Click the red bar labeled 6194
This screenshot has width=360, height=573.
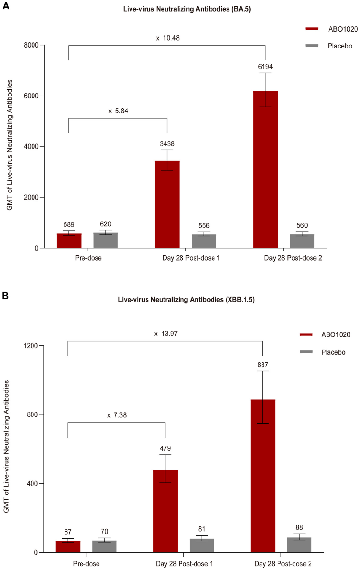(x=265, y=170)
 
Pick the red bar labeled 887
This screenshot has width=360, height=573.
(x=263, y=476)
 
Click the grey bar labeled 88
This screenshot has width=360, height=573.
(x=299, y=544)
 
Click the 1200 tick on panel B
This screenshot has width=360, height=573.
(x=32, y=346)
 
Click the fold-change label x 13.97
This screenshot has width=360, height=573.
(x=165, y=334)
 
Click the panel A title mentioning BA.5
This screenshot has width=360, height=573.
(x=180, y=10)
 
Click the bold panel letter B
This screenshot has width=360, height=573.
(x=5, y=296)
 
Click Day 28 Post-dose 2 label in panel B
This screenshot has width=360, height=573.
(x=281, y=564)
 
